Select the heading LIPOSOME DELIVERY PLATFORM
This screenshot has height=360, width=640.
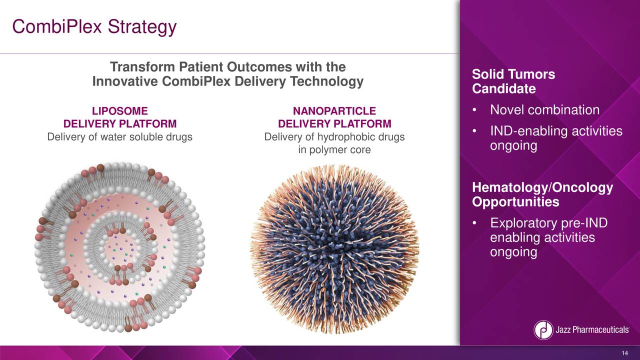119,117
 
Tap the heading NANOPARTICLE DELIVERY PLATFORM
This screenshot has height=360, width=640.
334,117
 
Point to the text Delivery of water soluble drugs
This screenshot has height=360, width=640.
119,137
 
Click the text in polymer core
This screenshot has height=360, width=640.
334,150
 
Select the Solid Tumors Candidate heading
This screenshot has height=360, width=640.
513,81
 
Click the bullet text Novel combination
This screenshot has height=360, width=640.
544,110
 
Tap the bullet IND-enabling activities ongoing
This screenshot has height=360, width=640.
555,138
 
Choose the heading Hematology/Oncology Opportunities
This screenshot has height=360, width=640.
542,195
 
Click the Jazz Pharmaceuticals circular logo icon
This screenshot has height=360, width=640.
543,330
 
